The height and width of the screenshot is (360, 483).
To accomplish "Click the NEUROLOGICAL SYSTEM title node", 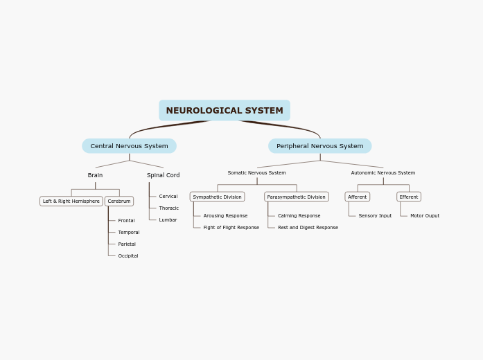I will coord(225,111).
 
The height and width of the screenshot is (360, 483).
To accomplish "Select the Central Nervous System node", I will coord(129,146).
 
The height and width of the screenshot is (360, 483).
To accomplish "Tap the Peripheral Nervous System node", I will coord(319,146).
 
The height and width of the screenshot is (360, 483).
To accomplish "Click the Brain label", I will coord(95,176).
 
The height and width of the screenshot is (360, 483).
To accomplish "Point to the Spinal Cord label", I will coord(163,176).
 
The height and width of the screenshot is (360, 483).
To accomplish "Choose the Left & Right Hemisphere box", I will coord(71,201).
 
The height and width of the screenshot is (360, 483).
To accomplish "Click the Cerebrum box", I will coord(119,201).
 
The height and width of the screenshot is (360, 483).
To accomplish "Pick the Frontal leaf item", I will coord(126,221).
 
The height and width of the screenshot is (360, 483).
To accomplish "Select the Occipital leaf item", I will coord(128,256).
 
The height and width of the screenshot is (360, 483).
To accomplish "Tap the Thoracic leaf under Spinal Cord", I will coord(168,208).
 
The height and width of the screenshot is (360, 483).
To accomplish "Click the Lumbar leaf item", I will coord(168,220).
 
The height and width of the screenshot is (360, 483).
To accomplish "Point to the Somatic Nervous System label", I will coord(256,173).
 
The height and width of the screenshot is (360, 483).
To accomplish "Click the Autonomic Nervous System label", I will coord(383,173).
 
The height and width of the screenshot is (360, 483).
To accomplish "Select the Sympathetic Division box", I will coord(217,197).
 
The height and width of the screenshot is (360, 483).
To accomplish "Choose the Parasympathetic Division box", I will coord(296,197).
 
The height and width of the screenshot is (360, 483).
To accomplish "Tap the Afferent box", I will coord(357,197).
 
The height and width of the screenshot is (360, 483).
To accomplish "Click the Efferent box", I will coord(408,197).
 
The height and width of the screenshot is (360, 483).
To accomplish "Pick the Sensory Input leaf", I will coord(375,216).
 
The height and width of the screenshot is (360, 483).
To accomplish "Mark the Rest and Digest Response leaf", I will coord(308,228).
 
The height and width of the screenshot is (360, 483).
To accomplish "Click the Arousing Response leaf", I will coord(225,216).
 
